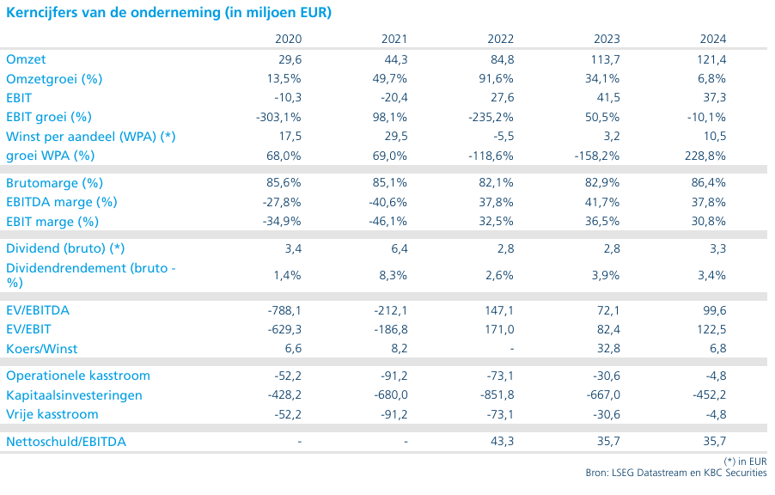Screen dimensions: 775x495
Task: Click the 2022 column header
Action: coord(501,39)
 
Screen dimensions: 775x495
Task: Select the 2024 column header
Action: coord(713,39)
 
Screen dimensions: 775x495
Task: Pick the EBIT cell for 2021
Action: coord(394,97)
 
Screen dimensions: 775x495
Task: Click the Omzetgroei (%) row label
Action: coord(54,79)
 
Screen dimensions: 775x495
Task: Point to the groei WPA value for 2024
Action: coord(705,156)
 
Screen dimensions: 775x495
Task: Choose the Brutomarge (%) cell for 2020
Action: coord(284,182)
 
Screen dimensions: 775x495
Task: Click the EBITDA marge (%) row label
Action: coord(62,202)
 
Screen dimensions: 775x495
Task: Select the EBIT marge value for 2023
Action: coord(602,221)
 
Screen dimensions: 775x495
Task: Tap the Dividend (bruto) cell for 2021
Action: coord(400,248)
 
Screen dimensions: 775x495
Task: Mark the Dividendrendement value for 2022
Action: coord(499,275)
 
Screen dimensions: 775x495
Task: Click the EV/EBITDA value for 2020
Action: coord(284,310)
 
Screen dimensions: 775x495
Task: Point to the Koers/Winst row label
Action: coord(42,349)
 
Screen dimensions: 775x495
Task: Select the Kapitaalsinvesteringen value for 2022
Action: coord(497,395)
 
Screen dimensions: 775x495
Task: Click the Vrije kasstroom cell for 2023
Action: coord(607,414)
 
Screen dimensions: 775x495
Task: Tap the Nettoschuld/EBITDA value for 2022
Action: coord(502,441)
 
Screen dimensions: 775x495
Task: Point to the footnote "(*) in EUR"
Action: coord(745,461)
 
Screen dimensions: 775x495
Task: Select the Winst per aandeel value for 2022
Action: coord(503,137)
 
